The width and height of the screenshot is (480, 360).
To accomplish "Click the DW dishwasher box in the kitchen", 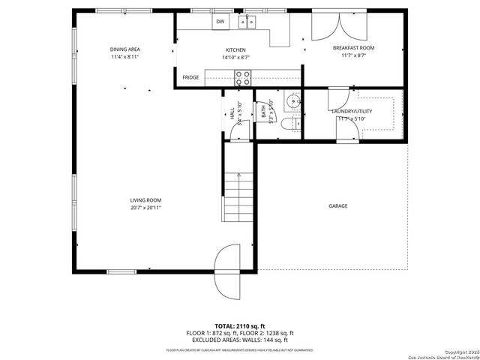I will [x=220, y=22].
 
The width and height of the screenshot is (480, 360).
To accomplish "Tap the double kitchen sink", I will [x=247, y=22].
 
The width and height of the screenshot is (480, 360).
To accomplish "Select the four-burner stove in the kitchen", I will [x=243, y=75].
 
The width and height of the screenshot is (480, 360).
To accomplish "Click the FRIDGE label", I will [x=190, y=76].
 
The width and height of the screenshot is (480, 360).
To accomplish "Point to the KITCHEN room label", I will [x=214, y=49].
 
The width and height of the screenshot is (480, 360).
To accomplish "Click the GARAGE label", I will [x=337, y=205].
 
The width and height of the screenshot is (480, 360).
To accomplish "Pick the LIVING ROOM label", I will [x=145, y=200].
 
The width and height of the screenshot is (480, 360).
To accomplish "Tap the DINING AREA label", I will [x=125, y=49].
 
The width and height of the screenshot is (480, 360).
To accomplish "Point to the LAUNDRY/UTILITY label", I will [x=352, y=111].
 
